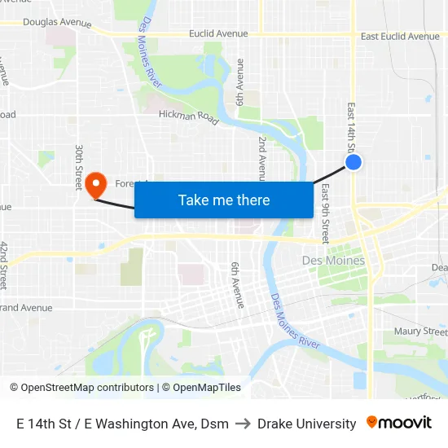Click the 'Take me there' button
pos(224,200)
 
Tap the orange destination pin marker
pos(96,183)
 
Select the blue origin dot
pos(353,162)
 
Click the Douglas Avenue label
pos(57,23)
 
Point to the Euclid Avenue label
pos(217,33)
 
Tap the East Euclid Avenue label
pos(400,36)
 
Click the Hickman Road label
pos(188,117)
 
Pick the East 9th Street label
pos(325,213)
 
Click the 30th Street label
pos(79,168)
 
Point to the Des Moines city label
pos(333,260)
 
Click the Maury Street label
pos(420,332)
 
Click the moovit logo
pos(399,423)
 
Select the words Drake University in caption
pos(306,424)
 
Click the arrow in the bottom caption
pos(243,424)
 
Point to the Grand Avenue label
pos(28,308)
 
